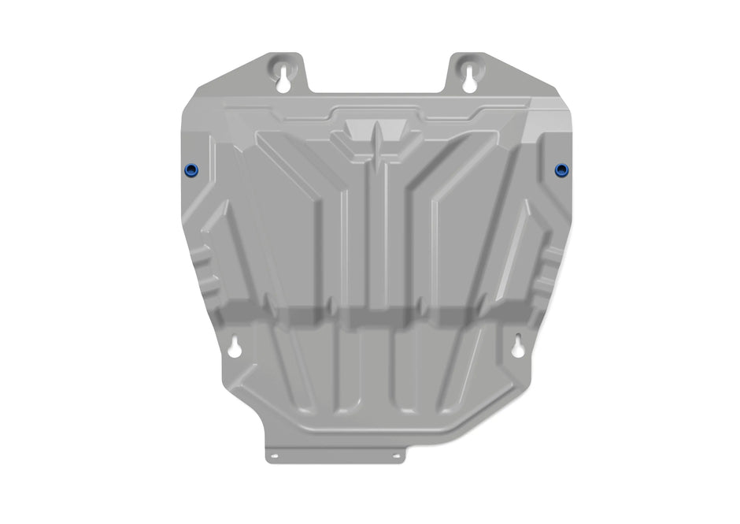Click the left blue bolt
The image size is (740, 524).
[x=191, y=171]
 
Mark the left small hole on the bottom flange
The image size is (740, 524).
[x=275, y=455]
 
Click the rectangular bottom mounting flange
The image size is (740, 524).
[x=335, y=455]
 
